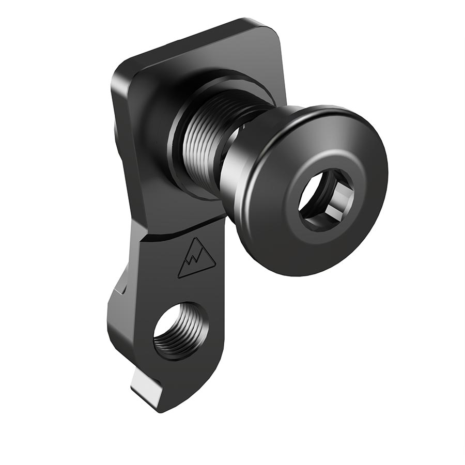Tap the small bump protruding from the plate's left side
pyautogui.click(x=115, y=129)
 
